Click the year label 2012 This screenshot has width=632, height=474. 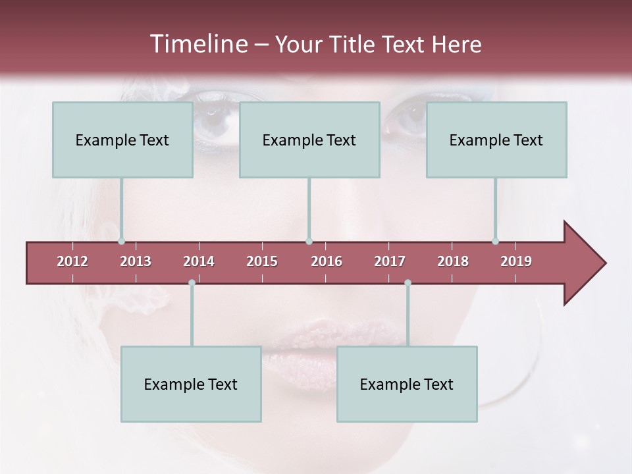tap(72, 261)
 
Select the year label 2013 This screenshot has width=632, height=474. tap(136, 261)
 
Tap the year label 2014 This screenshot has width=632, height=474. tap(199, 261)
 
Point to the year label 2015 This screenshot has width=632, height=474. tap(262, 261)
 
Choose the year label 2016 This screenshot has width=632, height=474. tap(327, 261)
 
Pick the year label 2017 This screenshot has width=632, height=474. tap(390, 261)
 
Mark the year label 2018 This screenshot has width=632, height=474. tap(453, 261)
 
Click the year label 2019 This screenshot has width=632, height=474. tap(516, 261)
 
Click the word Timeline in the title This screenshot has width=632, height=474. tap(197, 44)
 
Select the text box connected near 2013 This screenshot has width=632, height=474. tap(122, 140)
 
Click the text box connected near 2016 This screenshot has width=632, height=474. tap(309, 140)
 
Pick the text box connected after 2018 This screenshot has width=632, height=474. tap(496, 140)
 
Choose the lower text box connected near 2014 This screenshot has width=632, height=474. tap(191, 384)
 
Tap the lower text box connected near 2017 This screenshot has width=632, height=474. tap(407, 384)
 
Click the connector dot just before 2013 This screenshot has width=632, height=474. tap(122, 242)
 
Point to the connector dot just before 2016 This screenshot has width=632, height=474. tap(309, 242)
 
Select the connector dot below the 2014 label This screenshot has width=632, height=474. tap(192, 283)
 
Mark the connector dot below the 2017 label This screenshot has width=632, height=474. tap(408, 283)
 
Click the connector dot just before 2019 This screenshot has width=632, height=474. tap(496, 242)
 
